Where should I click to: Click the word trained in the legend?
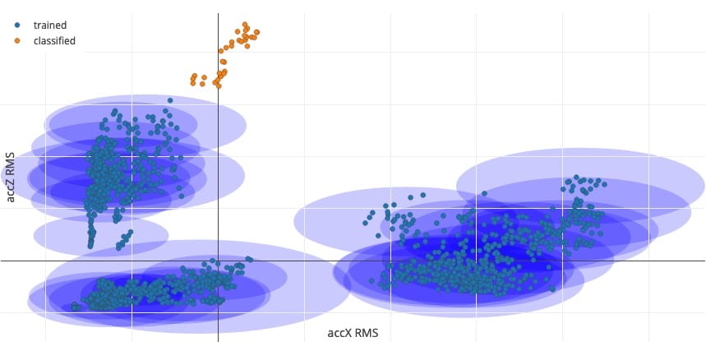point(49,25)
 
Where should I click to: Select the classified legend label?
point(54,40)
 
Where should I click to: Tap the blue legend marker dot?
point(17,25)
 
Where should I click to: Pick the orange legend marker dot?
point(17,40)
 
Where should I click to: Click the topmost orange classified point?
point(245,25)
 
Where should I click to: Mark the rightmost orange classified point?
point(256,33)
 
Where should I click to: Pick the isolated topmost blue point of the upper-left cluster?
point(169,100)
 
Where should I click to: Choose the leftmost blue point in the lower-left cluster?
point(74,307)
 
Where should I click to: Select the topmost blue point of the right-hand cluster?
point(576,177)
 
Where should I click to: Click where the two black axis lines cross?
point(218,261)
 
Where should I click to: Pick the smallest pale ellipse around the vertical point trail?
point(101,234)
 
